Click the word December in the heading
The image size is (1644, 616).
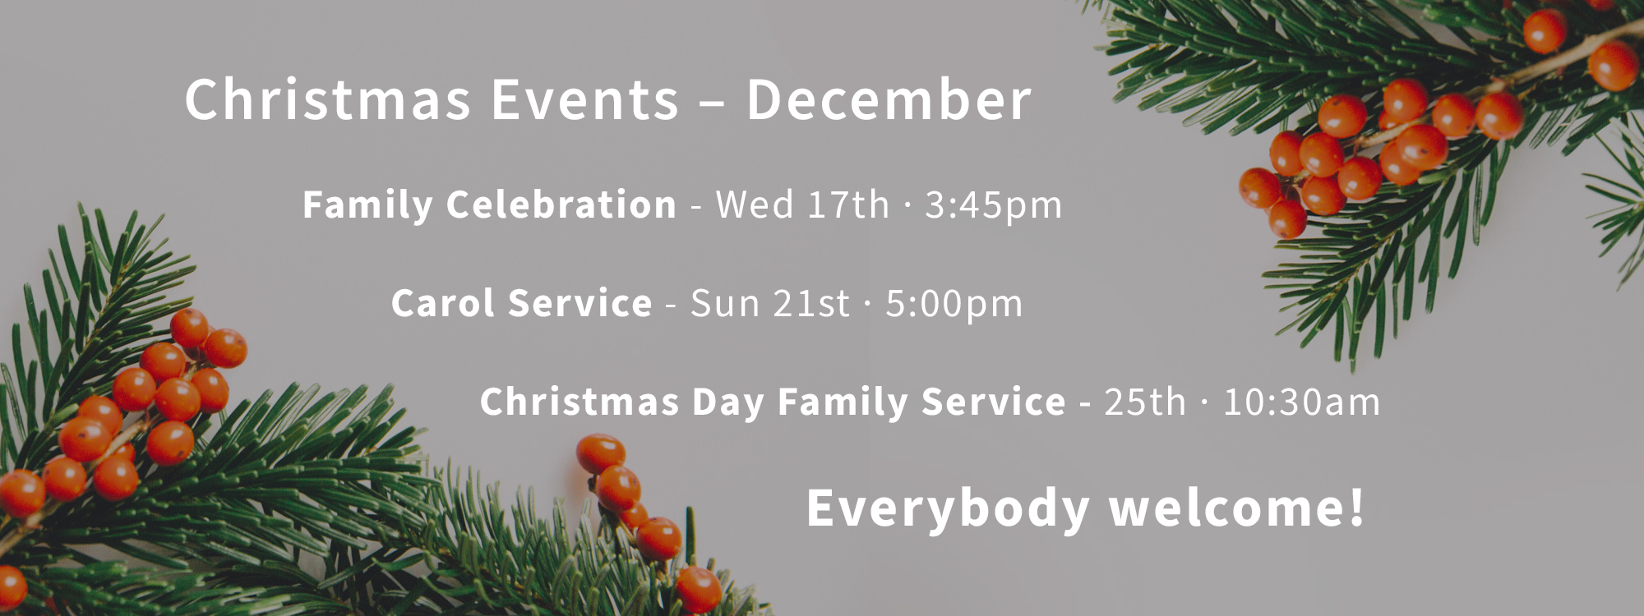tap(889, 99)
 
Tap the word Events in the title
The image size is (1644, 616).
tap(584, 99)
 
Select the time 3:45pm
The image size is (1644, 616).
tap(993, 205)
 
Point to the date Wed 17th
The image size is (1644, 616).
tap(802, 204)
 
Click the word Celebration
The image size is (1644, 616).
tap(561, 204)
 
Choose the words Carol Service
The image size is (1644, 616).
tap(522, 303)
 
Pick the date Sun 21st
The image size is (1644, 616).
tap(770, 303)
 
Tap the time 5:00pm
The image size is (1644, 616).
tap(954, 304)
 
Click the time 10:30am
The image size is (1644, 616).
tap(1301, 402)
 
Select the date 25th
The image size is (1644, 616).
tap(1145, 402)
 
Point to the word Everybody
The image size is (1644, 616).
tap(948, 508)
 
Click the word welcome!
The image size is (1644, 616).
tap(1237, 508)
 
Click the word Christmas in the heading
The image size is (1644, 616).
tap(328, 99)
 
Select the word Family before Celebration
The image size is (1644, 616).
tap(367, 205)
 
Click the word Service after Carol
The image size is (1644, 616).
tap(580, 303)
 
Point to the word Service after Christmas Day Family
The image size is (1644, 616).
tap(994, 402)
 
